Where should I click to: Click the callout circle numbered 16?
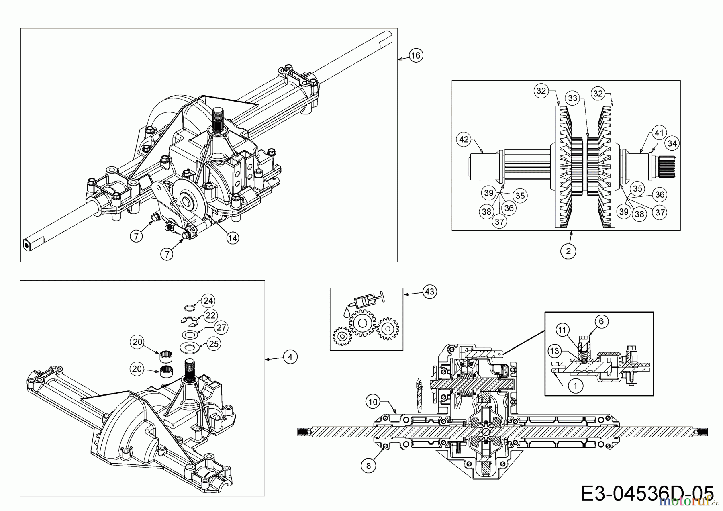click(416, 55)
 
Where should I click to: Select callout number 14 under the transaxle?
click(232, 238)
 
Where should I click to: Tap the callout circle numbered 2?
click(568, 251)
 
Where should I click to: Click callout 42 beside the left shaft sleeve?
click(464, 139)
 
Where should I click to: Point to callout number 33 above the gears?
click(572, 98)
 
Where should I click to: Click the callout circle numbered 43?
click(429, 291)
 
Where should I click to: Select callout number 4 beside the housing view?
click(290, 356)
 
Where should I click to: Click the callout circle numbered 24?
click(208, 300)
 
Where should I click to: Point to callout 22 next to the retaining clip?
click(210, 315)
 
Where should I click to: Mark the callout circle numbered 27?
click(221, 327)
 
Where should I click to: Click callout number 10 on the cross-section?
click(373, 401)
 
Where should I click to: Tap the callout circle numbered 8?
click(368, 466)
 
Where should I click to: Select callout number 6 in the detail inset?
click(601, 321)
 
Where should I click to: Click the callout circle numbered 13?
click(554, 351)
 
